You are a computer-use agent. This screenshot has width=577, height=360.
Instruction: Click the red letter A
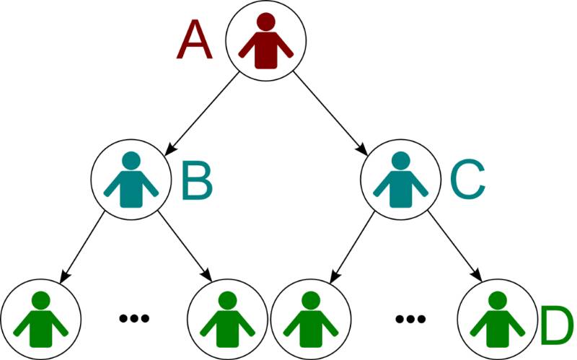195,40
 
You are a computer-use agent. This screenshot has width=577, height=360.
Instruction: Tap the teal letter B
196,181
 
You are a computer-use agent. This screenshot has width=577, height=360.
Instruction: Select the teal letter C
468,181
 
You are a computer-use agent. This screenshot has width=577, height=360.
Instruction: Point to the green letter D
555,326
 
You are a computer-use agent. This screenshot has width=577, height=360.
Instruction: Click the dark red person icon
266,43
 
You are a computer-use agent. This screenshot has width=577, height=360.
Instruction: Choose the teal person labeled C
400,180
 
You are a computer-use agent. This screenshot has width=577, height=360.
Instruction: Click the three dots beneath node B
134,317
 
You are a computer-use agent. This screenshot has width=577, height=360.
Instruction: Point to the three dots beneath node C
410,317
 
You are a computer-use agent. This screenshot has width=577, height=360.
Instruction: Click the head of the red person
266,22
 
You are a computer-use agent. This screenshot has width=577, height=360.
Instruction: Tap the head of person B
131,161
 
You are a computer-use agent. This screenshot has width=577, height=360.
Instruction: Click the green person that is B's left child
41,319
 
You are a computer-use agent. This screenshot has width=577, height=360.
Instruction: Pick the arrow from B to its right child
184,249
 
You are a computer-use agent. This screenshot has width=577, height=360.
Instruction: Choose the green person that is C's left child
310,319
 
